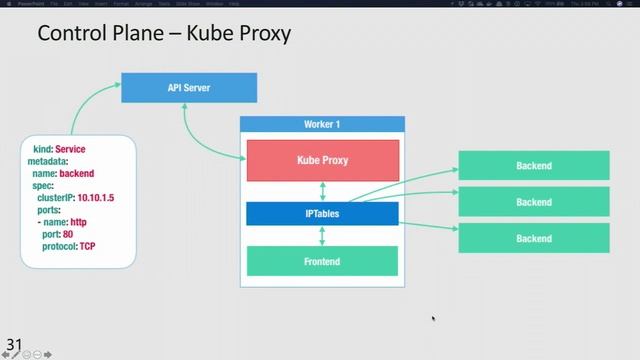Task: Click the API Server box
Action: [188, 88]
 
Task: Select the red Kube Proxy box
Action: [322, 160]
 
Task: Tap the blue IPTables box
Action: [322, 213]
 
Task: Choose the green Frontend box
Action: [322, 261]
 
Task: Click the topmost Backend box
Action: [534, 165]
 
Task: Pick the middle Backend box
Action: [534, 202]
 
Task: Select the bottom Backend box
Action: [534, 238]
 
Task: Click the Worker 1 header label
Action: [322, 124]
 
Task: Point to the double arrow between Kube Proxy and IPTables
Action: [322, 191]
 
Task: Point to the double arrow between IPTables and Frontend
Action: [322, 235]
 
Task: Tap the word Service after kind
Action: [70, 149]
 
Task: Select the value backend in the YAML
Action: [77, 173]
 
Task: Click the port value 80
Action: [68, 234]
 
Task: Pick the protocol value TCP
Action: [88, 246]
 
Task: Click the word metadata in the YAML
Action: [47, 161]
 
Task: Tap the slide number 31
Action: [13, 346]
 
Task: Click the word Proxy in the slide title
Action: [262, 34]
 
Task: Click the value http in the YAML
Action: [79, 222]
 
